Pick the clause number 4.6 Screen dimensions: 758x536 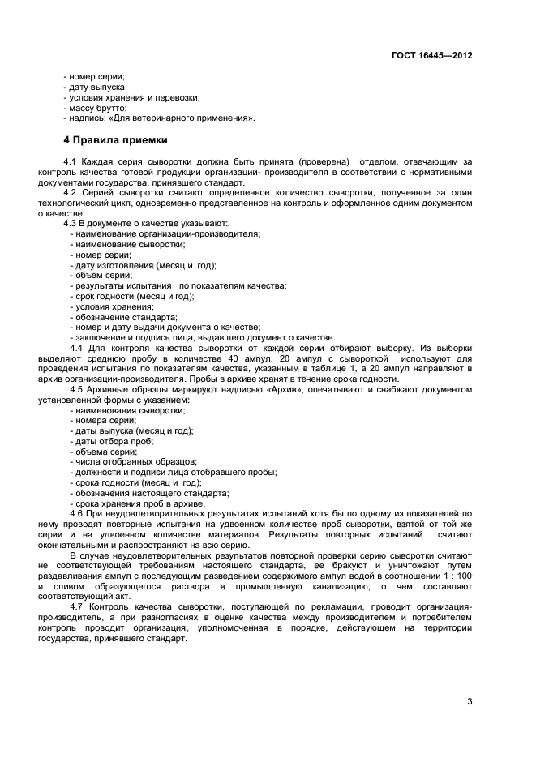tap(78, 514)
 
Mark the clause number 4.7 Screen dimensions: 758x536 tap(78, 607)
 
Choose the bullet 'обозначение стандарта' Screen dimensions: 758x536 tap(125, 317)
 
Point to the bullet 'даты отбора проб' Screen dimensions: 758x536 tap(111, 442)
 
